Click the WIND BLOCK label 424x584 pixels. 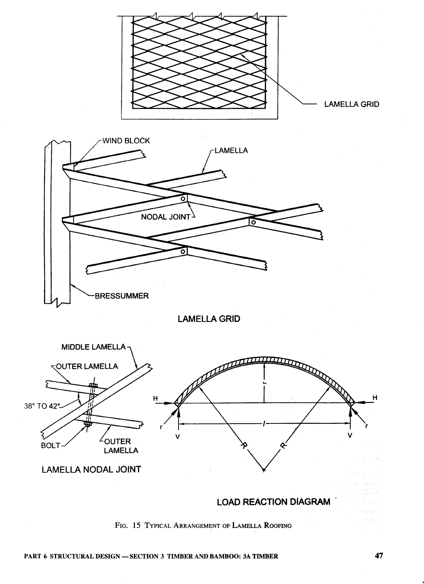[126, 141]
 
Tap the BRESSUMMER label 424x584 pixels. [122, 296]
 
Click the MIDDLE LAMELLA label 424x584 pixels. [93, 347]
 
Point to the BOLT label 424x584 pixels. [51, 446]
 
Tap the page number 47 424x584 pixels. [379, 556]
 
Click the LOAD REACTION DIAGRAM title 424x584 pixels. [273, 502]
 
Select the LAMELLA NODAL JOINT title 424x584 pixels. [91, 469]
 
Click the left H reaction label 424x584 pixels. [155, 399]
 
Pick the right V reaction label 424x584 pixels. [350, 435]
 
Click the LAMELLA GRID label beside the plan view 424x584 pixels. [352, 104]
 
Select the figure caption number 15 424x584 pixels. [136, 525]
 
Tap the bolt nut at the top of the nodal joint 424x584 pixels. [93, 385]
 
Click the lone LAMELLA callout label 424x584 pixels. [231, 151]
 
